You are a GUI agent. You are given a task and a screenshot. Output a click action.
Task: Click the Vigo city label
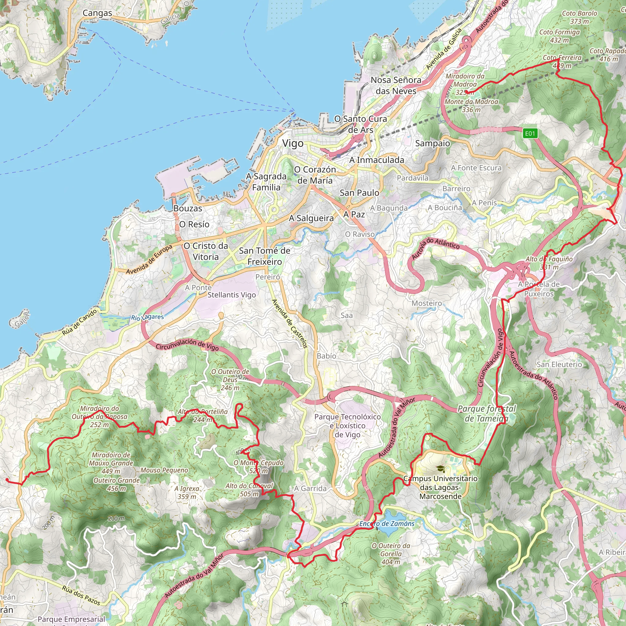[x=293, y=144]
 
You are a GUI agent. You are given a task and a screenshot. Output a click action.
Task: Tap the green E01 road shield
[x=530, y=134]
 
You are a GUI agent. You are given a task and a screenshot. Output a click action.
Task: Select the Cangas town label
[x=97, y=13]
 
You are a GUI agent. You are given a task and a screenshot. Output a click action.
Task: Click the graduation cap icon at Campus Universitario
[x=440, y=469]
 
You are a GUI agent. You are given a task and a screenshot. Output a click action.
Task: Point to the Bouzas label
[x=188, y=209]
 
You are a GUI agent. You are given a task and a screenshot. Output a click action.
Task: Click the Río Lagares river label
[x=147, y=317]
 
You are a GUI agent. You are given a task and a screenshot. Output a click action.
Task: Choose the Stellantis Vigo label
[x=232, y=295]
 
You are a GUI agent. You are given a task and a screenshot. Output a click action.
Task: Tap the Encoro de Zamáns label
[x=387, y=524]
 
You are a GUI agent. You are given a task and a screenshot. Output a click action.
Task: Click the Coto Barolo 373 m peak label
[x=579, y=17]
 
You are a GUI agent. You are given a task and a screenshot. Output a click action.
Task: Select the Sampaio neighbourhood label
[x=433, y=144]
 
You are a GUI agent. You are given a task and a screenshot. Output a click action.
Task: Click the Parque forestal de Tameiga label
[x=486, y=414]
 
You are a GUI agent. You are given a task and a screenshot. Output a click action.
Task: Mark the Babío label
[x=326, y=356]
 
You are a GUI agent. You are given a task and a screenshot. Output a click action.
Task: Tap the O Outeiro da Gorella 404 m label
[x=391, y=554]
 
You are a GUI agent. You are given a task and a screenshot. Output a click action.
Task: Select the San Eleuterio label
[x=559, y=365]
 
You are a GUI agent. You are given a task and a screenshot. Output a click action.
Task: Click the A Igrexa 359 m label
[x=187, y=492]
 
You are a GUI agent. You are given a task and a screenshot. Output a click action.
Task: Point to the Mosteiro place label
[x=426, y=303]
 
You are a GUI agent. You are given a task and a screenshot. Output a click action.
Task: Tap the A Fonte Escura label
[x=476, y=168]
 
